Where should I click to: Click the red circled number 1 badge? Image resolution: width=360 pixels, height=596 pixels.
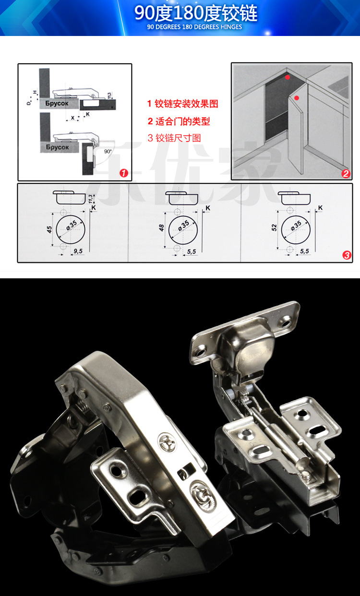[x=124, y=173]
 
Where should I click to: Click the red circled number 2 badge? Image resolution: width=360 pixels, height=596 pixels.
[x=346, y=174]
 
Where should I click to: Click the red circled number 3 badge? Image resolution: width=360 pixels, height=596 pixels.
[x=347, y=255]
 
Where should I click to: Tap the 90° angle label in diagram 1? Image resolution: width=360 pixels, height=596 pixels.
[x=108, y=151]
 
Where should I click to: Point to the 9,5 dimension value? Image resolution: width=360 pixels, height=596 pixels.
[x=78, y=250]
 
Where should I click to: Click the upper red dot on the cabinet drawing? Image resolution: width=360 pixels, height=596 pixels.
[x=288, y=77]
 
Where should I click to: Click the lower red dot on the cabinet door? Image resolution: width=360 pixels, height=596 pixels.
[x=297, y=98]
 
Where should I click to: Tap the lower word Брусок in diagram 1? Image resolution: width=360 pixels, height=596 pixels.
[x=58, y=147]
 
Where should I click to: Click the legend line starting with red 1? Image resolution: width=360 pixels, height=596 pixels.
[x=183, y=104]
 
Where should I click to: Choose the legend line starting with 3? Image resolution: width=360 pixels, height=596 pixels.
[x=174, y=138]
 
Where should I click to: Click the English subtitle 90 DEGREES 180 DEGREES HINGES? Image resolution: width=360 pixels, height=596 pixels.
[x=195, y=27]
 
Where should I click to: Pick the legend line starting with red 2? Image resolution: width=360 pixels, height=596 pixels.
[x=179, y=121]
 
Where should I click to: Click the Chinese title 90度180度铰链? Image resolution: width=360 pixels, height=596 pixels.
[x=195, y=13]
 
